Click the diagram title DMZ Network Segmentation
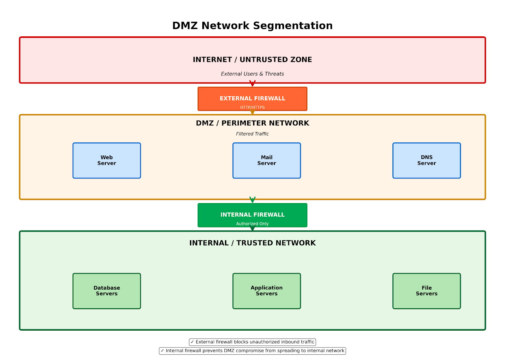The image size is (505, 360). tap(252, 26)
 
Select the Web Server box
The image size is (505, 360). tap(107, 160)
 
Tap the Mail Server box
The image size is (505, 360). tap(266, 160)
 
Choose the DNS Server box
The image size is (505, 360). tap(426, 160)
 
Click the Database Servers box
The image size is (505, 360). tap(107, 291)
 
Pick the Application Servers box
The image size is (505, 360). tap(266, 291)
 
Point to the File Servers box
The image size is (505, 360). tap(426, 291)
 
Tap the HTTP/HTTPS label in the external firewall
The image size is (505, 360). tap(252, 107)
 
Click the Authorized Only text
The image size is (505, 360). tap(252, 224)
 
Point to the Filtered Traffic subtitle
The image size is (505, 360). tap(252, 134)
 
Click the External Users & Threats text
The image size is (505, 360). tap(252, 74)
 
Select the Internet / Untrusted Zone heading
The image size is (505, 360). tap(252, 60)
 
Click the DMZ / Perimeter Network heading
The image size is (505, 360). tap(252, 123)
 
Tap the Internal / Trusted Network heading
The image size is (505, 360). tap(252, 243)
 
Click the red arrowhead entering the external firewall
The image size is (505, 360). tap(252, 84)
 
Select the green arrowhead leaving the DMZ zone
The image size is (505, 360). tap(252, 200)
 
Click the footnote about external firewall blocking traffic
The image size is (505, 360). tap(252, 342)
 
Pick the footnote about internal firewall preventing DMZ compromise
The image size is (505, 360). tap(252, 351)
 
